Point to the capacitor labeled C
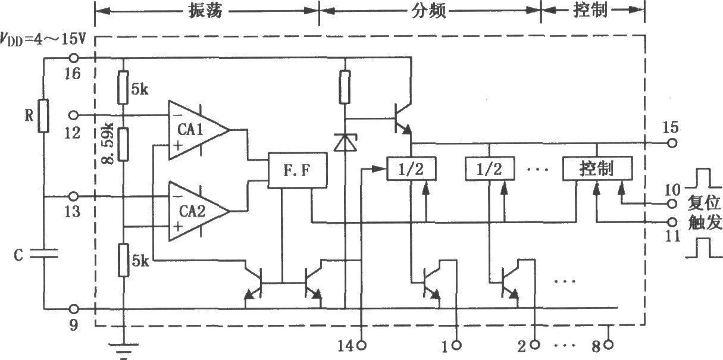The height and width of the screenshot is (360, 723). click(43, 253)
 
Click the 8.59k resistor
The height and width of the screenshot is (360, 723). click(123, 144)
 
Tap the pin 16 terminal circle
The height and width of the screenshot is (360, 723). click(74, 58)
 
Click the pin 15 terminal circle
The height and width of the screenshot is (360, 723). click(672, 143)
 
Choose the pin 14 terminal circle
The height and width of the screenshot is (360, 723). click(362, 346)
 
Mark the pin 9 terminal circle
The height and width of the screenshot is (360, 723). click(74, 309)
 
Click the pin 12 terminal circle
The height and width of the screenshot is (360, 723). click(74, 115)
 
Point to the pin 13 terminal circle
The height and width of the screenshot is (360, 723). click(74, 196)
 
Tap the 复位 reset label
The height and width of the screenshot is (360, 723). click(704, 203)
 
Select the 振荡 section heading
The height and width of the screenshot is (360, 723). click(206, 11)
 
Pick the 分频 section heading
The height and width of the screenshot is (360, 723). click(428, 11)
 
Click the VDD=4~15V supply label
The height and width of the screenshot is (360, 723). click(43, 39)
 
